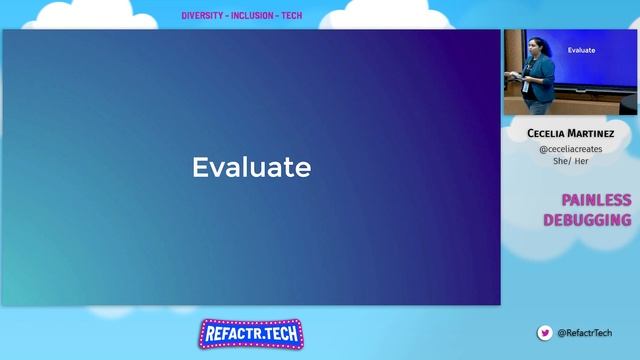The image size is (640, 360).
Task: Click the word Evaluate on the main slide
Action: point(251,167)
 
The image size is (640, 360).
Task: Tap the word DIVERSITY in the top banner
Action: point(203,16)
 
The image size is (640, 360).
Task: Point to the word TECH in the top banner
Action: point(291,16)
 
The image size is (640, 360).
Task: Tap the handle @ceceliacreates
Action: point(570,148)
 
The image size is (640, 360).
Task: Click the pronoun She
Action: point(560,161)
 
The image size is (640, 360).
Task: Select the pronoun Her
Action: point(581,161)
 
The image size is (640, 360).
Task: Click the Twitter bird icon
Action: point(545,333)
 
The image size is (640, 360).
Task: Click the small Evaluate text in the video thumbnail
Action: point(581,49)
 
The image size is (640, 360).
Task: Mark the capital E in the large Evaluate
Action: point(199,167)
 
